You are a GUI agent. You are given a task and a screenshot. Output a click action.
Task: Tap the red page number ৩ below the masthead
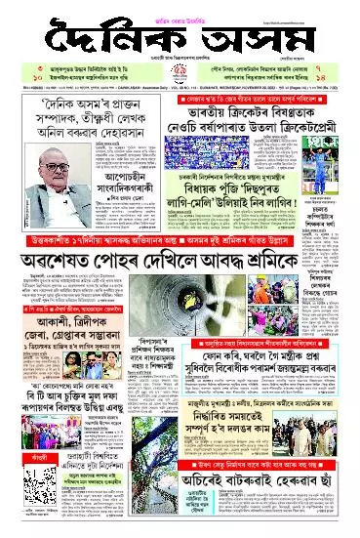click(x=12, y=70)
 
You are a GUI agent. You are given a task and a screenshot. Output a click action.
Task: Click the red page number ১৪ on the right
click(x=347, y=78)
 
